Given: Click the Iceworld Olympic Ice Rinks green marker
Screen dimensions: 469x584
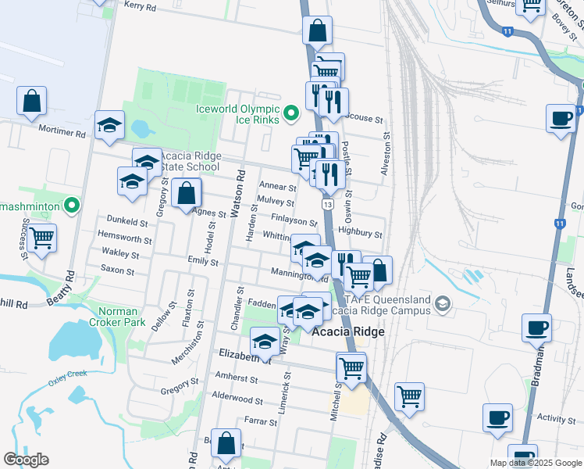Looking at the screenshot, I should point(291,114).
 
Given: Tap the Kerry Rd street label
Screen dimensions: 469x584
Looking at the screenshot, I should point(141,5).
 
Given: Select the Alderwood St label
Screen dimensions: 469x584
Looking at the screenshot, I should point(237,399).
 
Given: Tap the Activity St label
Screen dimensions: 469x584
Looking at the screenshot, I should point(556,419).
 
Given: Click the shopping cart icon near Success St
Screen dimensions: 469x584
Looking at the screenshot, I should point(42,236).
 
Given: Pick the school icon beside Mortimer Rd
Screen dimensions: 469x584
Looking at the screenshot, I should point(109,125).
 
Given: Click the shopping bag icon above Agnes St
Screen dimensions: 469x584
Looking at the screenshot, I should point(187,194).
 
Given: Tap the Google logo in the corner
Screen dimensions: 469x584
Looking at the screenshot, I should point(26,460).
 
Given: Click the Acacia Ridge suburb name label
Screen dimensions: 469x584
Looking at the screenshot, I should point(347,331).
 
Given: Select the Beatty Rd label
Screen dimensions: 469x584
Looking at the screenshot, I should point(71,285).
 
